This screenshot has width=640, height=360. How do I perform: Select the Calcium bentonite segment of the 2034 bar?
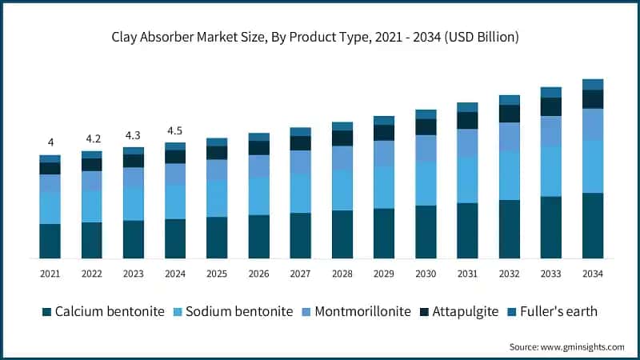pyautogui.click(x=592, y=226)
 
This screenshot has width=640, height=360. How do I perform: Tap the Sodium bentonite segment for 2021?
pyautogui.click(x=50, y=208)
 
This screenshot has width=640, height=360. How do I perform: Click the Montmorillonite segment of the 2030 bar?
pyautogui.click(x=426, y=148)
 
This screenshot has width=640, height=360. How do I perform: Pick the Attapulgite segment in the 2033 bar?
pyautogui.click(x=550, y=106)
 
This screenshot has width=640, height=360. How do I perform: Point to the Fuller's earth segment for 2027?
pyautogui.click(x=300, y=131)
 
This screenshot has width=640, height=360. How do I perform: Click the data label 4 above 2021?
pyautogui.click(x=50, y=142)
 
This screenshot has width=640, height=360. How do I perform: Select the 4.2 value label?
pyautogui.click(x=92, y=138)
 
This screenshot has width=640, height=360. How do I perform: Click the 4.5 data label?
pyautogui.click(x=175, y=130)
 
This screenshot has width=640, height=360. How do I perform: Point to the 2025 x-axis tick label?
pyautogui.click(x=217, y=274)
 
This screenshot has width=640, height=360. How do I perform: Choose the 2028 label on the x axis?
pyautogui.click(x=342, y=274)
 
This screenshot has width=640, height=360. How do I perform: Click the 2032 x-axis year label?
pyautogui.click(x=509, y=274)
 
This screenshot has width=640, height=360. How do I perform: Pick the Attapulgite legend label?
pyautogui.click(x=466, y=311)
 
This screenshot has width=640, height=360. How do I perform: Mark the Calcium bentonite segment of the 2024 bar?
pyautogui.click(x=175, y=238)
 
